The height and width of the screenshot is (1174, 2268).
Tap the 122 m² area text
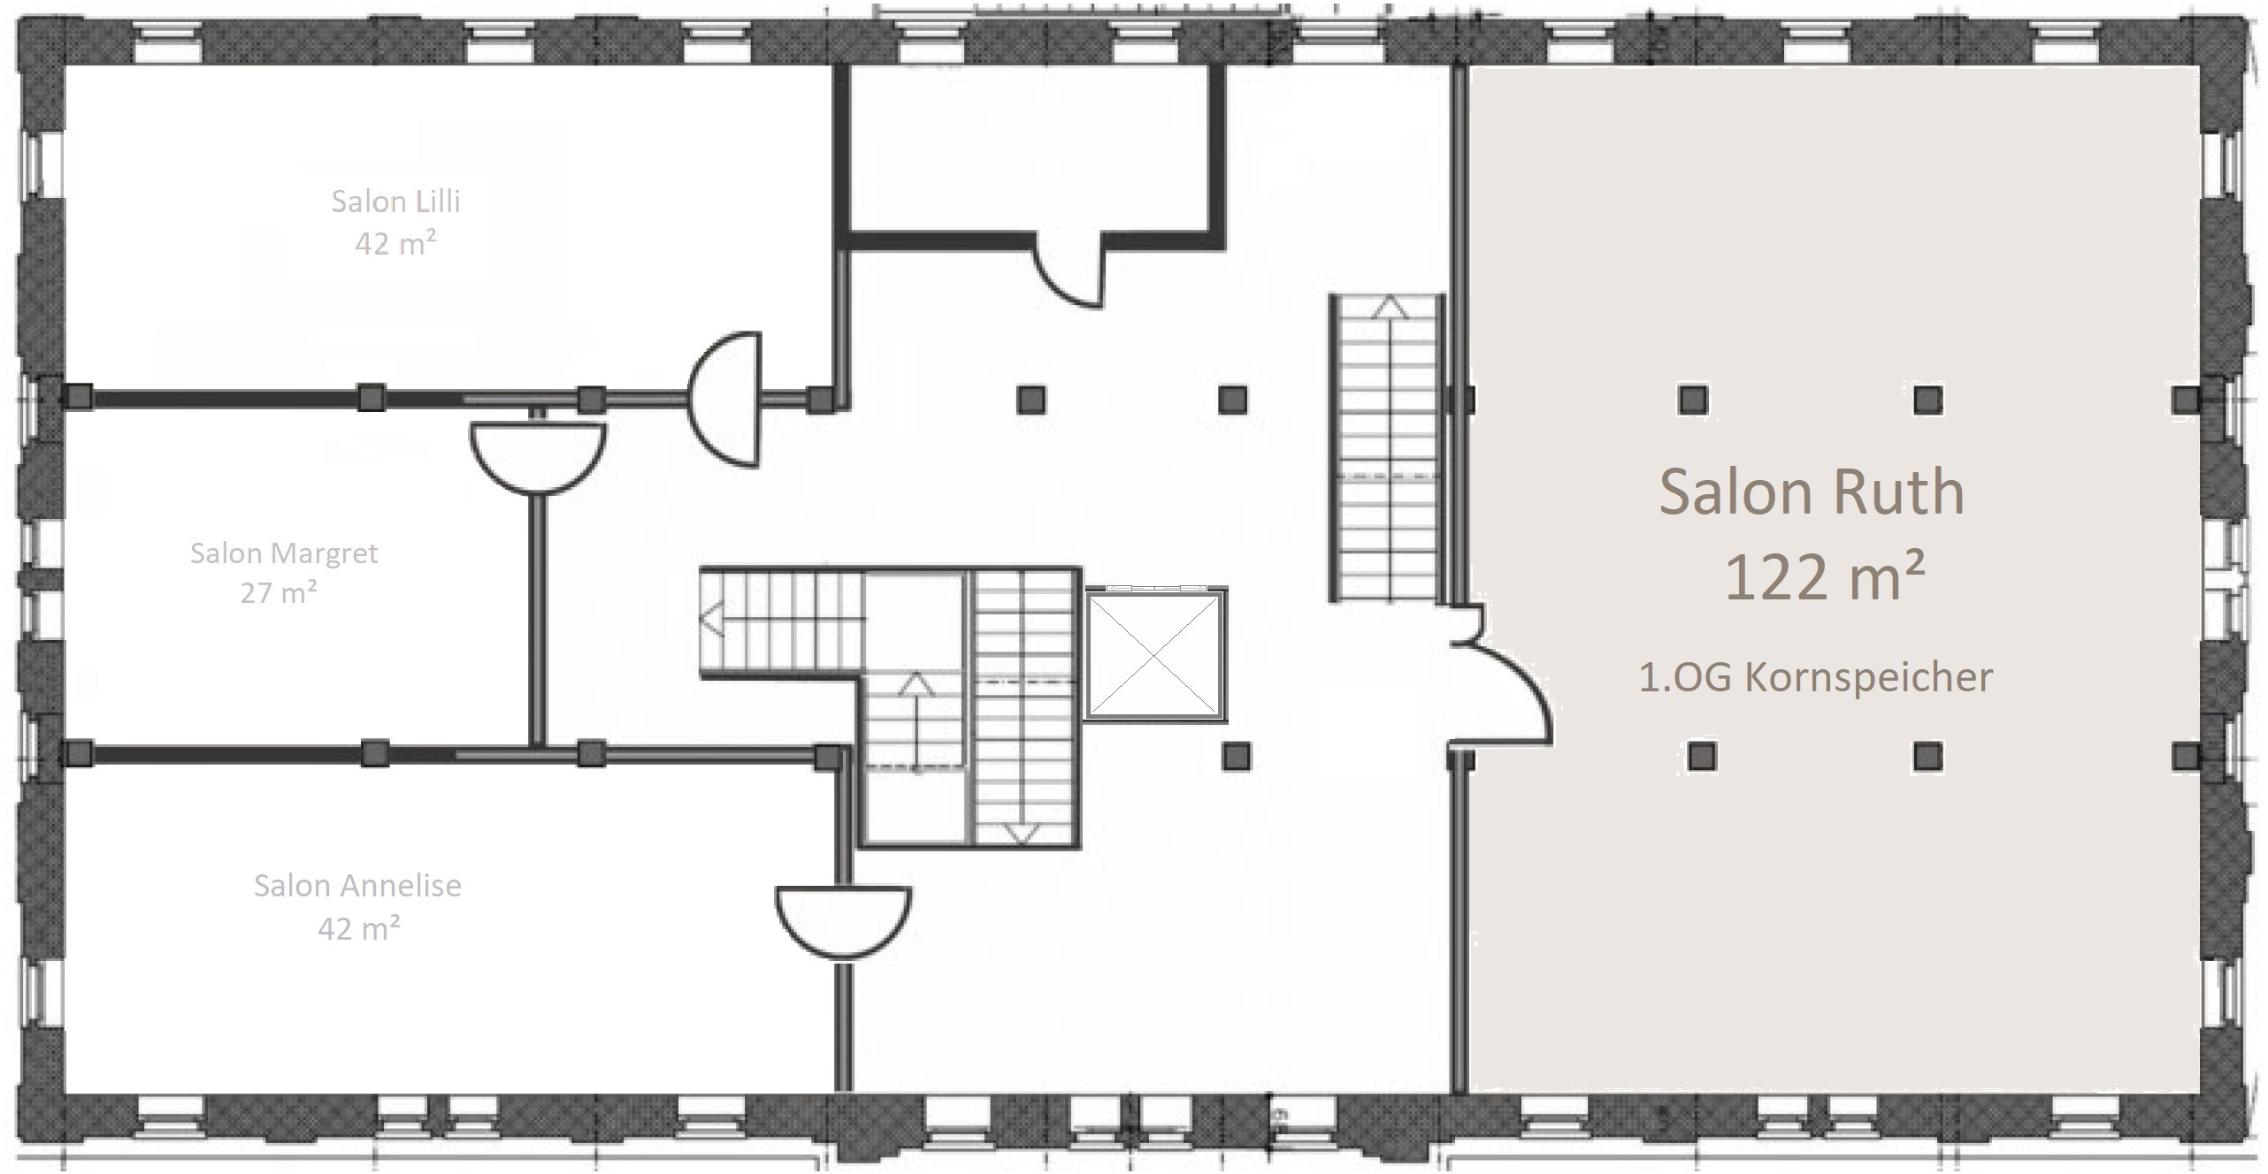coord(1825,576)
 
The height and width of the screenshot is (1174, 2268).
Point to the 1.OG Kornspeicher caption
coord(1816,678)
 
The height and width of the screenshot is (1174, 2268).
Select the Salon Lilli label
coord(395,202)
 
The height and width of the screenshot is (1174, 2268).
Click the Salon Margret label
coord(284,553)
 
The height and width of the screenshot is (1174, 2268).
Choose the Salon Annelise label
coord(357,886)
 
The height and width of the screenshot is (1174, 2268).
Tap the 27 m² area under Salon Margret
coord(279,592)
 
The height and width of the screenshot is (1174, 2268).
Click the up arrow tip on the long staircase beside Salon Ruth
coord(1393,298)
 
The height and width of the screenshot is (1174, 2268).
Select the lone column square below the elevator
coord(1236,756)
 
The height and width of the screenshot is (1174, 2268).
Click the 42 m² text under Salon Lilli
coord(395,243)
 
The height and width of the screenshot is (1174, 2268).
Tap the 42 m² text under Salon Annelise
coord(358,928)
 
